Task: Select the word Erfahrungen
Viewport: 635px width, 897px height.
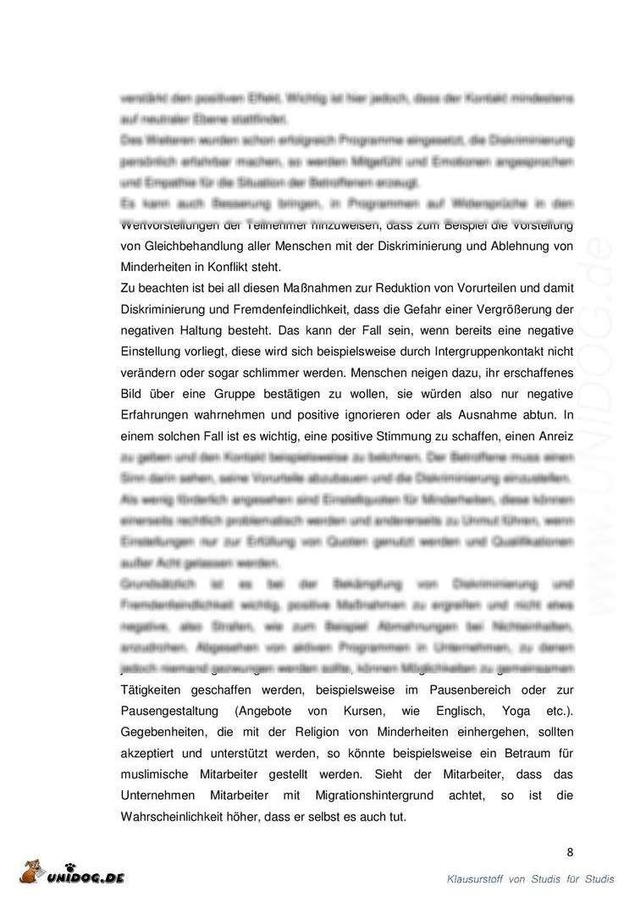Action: click(x=162, y=415)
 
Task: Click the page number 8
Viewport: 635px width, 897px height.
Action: click(x=570, y=852)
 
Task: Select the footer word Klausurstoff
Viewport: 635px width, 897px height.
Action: click(x=475, y=880)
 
